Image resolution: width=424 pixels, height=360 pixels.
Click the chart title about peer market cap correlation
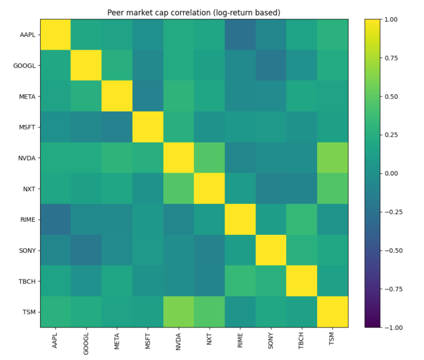(193, 12)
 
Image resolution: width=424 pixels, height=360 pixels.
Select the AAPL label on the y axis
(28, 35)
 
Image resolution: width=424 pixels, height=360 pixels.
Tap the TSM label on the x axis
(332, 338)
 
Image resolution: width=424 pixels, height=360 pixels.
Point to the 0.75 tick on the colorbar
(391, 58)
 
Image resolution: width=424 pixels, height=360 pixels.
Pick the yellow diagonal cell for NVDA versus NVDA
(178, 158)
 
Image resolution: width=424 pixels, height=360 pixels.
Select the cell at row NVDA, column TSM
(333, 158)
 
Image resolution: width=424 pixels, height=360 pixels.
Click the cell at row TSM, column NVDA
(178, 312)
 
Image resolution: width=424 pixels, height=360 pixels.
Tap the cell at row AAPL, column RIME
(240, 34)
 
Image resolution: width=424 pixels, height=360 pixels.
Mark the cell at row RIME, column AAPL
(56, 220)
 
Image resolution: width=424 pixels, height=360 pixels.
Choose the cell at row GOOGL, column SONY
(271, 65)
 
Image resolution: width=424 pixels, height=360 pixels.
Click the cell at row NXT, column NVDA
(178, 189)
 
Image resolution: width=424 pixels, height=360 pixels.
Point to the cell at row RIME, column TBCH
(302, 220)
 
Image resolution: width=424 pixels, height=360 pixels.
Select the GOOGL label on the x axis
(86, 344)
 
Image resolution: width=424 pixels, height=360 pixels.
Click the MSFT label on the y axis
(27, 127)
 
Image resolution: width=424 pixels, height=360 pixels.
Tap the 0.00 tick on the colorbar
(391, 174)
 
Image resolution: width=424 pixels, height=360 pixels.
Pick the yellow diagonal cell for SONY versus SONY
(271, 250)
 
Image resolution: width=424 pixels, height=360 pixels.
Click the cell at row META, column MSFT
(148, 96)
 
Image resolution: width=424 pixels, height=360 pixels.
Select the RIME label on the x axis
(240, 340)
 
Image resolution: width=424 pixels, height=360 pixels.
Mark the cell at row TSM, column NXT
(209, 312)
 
